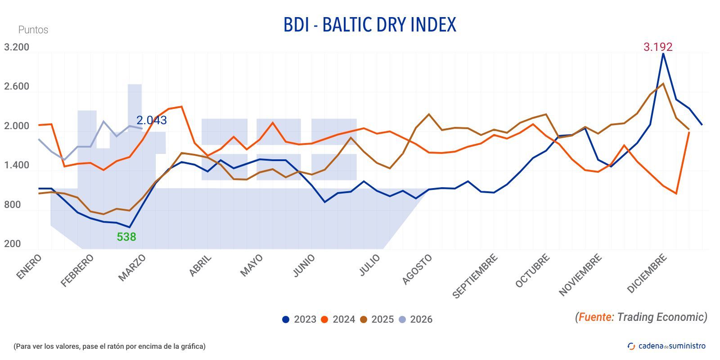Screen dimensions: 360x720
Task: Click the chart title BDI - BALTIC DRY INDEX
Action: (x=369, y=25)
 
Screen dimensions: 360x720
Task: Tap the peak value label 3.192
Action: (x=657, y=47)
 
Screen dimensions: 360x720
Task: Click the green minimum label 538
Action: (x=126, y=237)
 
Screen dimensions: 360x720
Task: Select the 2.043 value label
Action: (x=152, y=120)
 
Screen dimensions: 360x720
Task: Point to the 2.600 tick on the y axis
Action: (x=17, y=86)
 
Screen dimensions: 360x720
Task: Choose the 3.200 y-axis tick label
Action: (x=17, y=47)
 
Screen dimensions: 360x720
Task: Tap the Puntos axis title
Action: (x=33, y=30)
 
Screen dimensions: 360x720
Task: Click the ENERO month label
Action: (x=29, y=267)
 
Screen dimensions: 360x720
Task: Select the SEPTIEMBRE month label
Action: (x=475, y=276)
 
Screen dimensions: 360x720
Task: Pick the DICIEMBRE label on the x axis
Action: (x=646, y=274)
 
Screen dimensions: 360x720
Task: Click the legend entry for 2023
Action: (x=299, y=319)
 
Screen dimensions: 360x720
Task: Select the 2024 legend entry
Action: (x=338, y=319)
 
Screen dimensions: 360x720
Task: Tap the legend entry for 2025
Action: (x=377, y=319)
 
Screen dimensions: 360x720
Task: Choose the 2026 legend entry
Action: (x=415, y=319)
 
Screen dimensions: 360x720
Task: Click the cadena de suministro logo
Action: (x=666, y=346)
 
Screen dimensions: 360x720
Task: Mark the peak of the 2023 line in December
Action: (x=663, y=54)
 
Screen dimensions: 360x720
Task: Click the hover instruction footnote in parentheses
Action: (x=109, y=346)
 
